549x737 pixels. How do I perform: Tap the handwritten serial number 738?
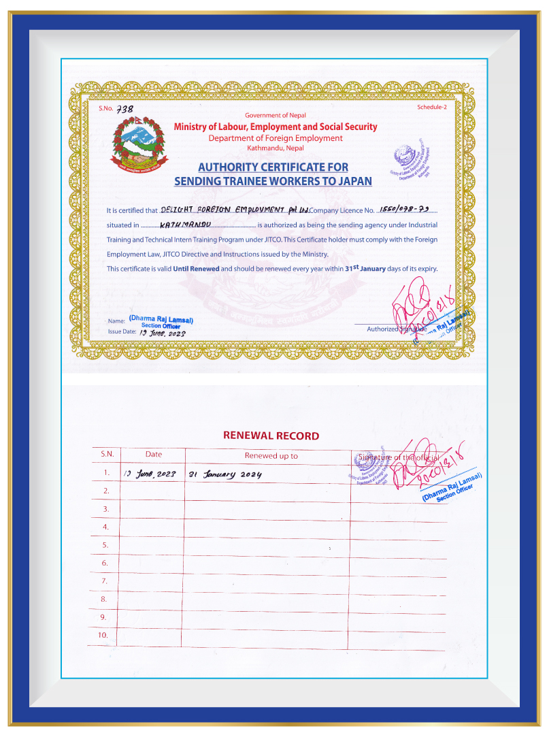[125, 109]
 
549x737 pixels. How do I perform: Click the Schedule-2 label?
[431, 108]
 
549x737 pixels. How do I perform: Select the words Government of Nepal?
[276, 116]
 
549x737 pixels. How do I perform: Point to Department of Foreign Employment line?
[276, 138]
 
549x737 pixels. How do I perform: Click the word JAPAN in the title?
[356, 181]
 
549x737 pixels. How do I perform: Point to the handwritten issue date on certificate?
[162, 333]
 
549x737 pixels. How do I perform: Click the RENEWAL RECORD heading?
[271, 436]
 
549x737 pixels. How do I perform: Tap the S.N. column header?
[107, 455]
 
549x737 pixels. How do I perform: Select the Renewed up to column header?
[271, 456]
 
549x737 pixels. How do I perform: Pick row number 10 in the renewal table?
[104, 636]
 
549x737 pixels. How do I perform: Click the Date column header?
[154, 455]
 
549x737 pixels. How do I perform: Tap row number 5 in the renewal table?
[105, 545]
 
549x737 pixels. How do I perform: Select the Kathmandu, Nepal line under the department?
[276, 148]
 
